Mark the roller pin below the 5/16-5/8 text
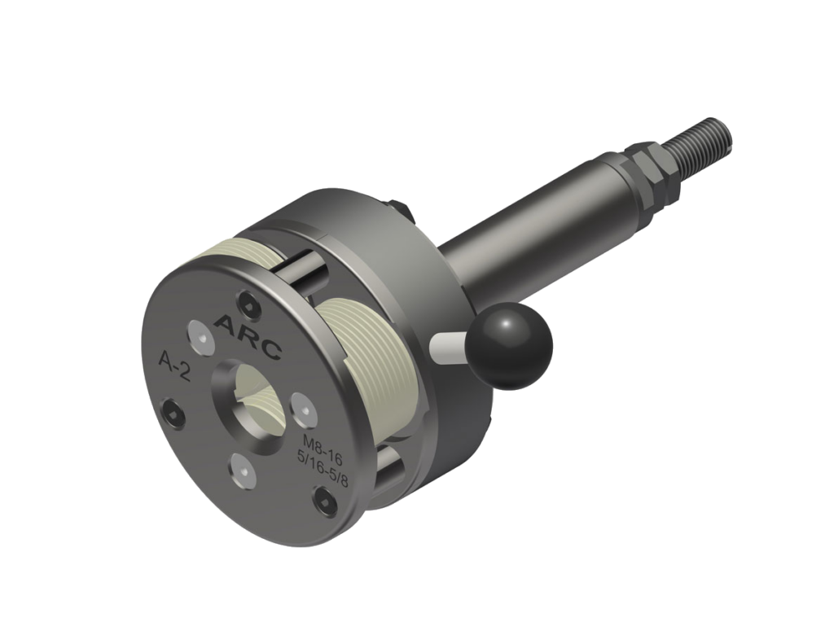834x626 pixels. pyautogui.click(x=389, y=472)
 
